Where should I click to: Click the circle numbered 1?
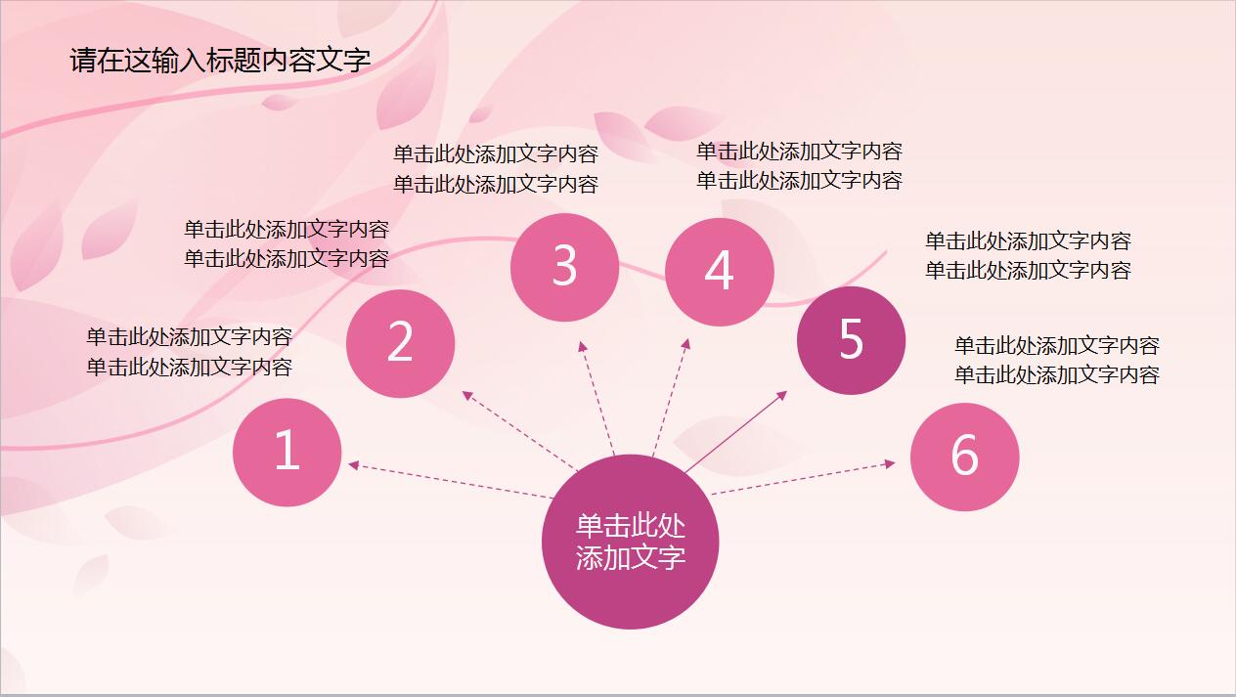(287, 453)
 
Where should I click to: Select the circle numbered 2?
(401, 343)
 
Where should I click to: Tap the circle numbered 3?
(564, 266)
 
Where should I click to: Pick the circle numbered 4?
(719, 272)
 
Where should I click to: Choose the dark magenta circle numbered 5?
(851, 340)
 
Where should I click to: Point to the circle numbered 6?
(964, 456)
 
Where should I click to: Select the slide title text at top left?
(220, 61)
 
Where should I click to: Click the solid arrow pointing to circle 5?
(735, 432)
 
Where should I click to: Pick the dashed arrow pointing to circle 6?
(802, 478)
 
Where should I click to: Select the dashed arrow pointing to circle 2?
(518, 430)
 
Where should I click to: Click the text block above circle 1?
(189, 352)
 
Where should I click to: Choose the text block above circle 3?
(495, 169)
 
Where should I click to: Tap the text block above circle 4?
(799, 165)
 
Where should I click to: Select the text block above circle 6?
(1057, 360)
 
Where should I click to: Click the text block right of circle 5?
(1028, 255)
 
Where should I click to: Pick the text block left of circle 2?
(287, 243)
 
